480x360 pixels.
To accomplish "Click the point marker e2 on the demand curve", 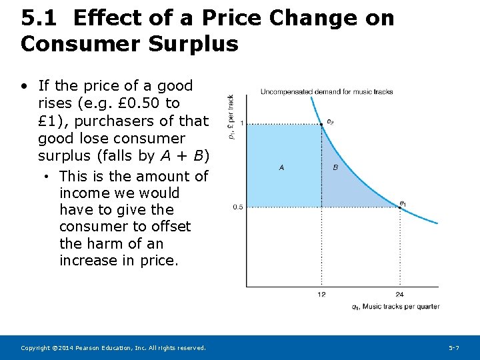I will coord(322,124).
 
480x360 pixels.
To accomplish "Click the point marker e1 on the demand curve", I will coord(399,207).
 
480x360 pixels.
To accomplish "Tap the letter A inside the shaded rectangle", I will coord(281,167).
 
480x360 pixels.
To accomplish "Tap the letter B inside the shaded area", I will coord(335,167).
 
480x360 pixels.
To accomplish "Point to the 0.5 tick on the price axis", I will coord(238,207).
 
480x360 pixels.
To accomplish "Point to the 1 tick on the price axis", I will coord(241,124).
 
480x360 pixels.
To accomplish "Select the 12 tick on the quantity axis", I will coord(321,295).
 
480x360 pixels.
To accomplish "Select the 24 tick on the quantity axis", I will coord(399,295).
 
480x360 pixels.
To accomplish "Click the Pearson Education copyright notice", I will coord(113,348).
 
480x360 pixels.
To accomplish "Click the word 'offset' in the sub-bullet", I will coord(168,227).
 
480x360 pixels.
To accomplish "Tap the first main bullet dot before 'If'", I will coord(24,86).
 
